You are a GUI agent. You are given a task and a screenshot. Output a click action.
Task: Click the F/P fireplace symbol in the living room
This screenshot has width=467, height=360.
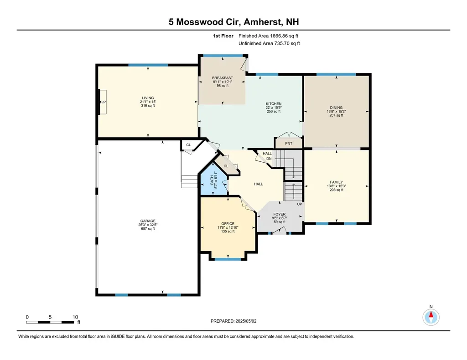click(103, 102)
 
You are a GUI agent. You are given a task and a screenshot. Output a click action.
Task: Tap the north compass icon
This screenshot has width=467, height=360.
click(431, 316)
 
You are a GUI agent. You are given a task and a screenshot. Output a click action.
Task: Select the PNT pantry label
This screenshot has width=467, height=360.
click(288, 144)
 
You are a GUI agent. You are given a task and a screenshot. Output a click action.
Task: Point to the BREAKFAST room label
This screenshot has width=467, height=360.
click(222, 78)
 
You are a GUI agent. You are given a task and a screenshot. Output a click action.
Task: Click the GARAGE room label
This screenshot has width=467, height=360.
click(147, 221)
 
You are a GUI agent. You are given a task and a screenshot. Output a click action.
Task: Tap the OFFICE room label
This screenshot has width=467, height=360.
click(228, 223)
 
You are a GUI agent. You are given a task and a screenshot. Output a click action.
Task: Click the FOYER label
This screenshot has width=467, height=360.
click(279, 214)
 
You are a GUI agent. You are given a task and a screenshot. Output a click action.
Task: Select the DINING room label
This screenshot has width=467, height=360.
click(336, 108)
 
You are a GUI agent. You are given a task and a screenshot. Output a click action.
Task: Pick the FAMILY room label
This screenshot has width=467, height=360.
click(336, 182)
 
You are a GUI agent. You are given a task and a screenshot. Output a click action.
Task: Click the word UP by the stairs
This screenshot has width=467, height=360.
click(300, 204)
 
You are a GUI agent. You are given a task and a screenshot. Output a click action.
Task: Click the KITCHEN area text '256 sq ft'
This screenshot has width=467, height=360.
click(274, 112)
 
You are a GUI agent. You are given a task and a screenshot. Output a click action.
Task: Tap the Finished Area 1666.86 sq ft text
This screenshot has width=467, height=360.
click(269, 36)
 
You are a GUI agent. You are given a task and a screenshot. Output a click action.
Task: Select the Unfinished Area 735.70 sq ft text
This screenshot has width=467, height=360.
click(269, 44)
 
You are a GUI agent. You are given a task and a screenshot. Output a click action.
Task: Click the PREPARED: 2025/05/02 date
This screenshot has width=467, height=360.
click(233, 321)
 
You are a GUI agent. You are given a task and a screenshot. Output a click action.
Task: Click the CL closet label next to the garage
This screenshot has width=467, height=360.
click(188, 145)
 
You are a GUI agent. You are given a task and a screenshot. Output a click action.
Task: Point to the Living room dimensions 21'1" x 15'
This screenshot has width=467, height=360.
click(147, 102)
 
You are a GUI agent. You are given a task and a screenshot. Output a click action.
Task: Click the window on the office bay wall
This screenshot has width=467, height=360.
click(228, 259)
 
